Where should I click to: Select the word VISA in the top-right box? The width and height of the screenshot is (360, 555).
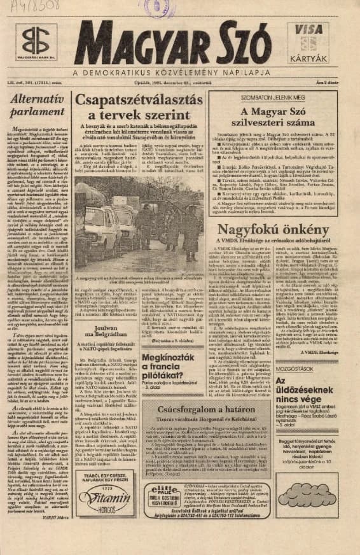326,30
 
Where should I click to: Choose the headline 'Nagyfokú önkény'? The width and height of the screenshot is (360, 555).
277,227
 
